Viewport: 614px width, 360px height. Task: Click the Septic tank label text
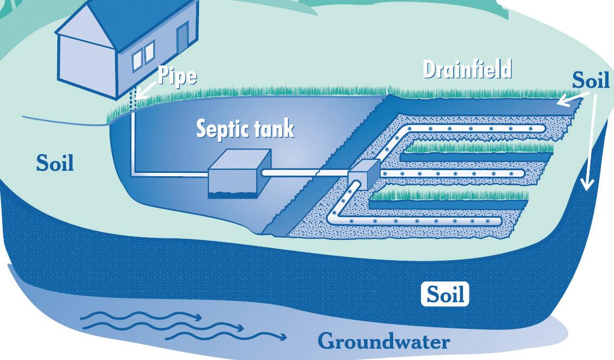[245, 129]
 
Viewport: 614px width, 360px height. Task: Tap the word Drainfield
[467, 70]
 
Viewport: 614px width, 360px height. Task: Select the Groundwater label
[384, 342]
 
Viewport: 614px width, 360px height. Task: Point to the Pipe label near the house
[177, 76]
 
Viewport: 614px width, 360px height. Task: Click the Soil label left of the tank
[55, 163]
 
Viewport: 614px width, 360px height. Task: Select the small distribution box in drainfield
[363, 173]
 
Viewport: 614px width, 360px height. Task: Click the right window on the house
[149, 51]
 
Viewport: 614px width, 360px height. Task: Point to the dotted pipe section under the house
[132, 100]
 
